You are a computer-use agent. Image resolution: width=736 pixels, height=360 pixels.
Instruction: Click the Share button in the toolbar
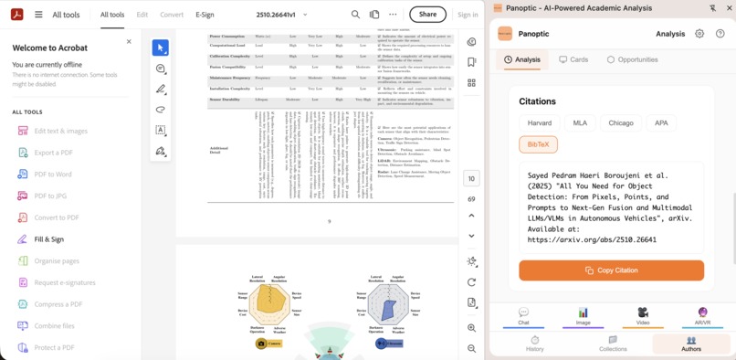point(427,15)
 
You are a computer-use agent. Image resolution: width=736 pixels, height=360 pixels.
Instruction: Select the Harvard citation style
point(539,122)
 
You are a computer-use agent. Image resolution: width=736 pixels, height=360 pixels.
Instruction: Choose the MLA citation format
point(580,122)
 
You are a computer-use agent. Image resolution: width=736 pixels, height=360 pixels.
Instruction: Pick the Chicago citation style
point(621,122)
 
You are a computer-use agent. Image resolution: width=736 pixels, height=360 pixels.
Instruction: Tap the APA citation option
point(660,122)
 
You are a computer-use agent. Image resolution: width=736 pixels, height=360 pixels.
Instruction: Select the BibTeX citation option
point(538,144)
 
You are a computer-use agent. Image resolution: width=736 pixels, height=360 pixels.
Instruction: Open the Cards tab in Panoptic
point(573,60)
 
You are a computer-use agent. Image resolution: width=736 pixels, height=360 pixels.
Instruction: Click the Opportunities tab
point(632,60)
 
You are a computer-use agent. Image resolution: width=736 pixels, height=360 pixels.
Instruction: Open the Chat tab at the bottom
point(523,316)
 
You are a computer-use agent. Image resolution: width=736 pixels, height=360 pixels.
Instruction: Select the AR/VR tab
point(702,316)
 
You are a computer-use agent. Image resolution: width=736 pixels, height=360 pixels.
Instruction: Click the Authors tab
point(690,344)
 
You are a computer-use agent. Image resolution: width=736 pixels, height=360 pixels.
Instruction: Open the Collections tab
point(613,344)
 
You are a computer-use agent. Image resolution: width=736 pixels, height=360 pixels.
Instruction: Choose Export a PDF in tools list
point(53,153)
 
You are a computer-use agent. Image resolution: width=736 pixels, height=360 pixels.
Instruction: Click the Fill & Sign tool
point(48,239)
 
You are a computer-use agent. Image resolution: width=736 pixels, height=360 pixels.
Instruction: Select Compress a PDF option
point(58,304)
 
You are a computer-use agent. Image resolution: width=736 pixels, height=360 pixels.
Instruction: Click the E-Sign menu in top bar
point(205,15)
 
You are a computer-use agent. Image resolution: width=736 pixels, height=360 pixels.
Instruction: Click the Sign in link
point(468,15)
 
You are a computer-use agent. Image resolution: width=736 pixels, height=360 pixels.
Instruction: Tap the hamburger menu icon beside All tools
point(38,15)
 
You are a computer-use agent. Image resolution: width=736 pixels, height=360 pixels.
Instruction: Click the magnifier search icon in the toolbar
point(355,15)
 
